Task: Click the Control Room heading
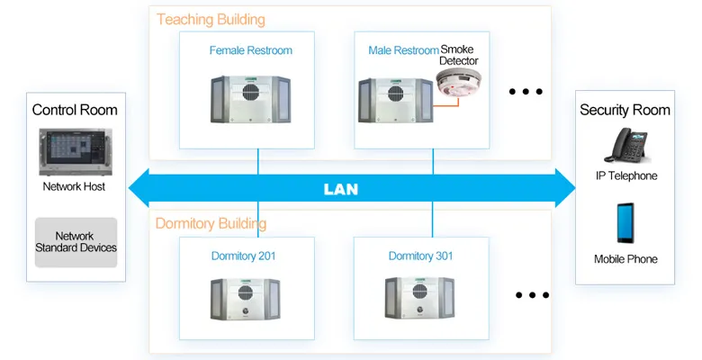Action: coord(75,110)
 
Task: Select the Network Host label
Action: coord(74,187)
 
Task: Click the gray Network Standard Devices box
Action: coord(76,242)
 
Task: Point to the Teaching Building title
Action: coord(211,19)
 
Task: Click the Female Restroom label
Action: coord(251,50)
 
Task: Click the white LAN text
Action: coord(340,189)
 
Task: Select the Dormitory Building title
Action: coord(211,223)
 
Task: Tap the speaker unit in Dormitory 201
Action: coord(250,299)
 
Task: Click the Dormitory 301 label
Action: coord(420,256)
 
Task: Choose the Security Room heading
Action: coord(625,110)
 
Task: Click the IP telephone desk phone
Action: coord(625,146)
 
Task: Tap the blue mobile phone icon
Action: coord(625,223)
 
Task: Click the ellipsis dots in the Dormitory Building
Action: coord(532,294)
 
